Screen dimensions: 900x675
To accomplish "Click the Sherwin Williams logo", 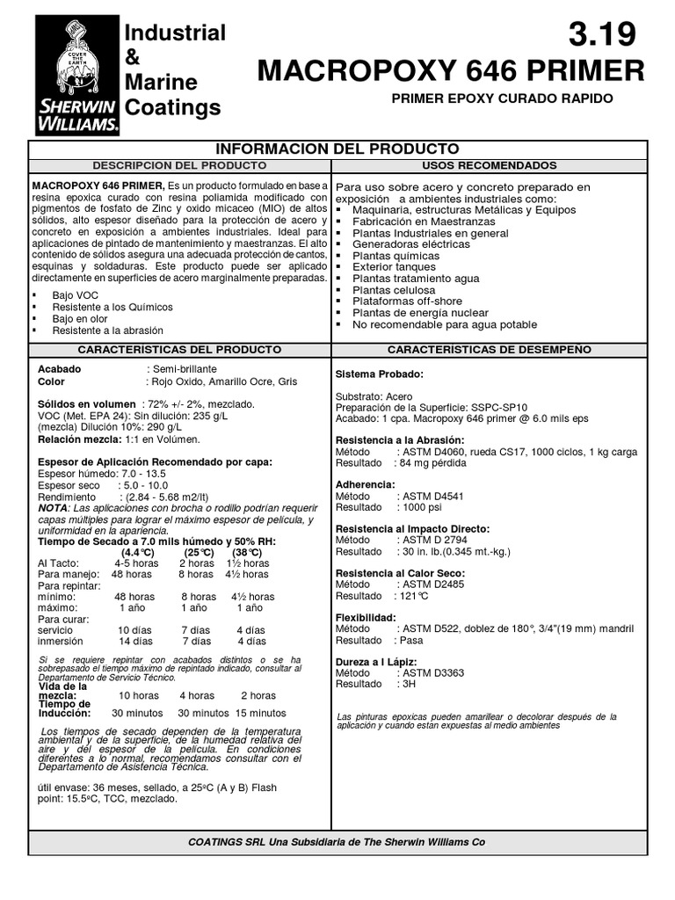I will (76, 76).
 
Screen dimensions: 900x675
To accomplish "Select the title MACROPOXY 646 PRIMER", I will (451, 70).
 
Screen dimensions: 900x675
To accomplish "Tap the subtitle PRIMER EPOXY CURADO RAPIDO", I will (502, 98).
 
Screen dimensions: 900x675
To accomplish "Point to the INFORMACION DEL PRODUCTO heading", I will (338, 149).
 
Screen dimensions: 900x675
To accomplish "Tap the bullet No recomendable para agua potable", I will (444, 323).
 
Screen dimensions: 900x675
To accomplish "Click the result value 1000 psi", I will (417, 507).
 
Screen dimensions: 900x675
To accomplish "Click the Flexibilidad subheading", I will (366, 617).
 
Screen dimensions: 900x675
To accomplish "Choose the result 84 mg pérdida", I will (434, 461).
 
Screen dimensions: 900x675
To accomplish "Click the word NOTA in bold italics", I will (52, 508).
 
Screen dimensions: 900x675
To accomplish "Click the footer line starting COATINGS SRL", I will (337, 841).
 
